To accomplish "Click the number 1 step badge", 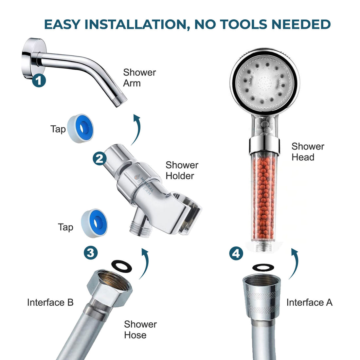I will coord(39,81).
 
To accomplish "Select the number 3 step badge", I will coord(91,253).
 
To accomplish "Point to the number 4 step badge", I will coord(236,253).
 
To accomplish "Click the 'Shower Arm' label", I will coord(139,78).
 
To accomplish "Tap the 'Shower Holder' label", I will coord(182,170).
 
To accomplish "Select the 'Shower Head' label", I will coord(308,152).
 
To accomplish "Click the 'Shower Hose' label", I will coord(140,330).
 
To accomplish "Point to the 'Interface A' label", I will coord(309,302).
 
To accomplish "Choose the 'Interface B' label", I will coord(50,302).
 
